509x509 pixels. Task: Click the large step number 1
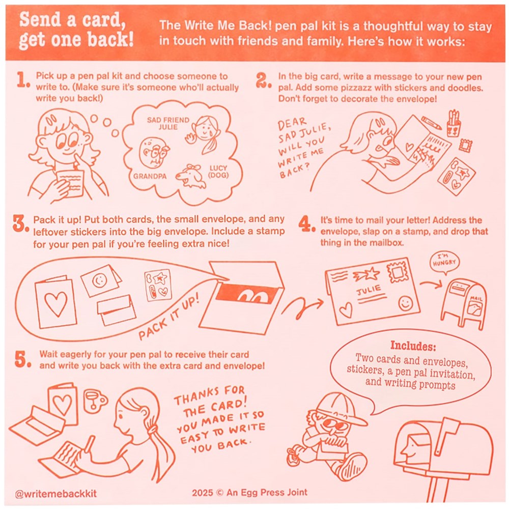pyautogui.click(x=23, y=80)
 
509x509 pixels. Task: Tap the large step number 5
pyautogui.click(x=23, y=359)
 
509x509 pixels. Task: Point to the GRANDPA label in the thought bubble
pyautogui.click(x=150, y=176)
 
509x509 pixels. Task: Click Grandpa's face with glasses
pyautogui.click(x=155, y=152)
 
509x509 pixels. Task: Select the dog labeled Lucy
pyautogui.click(x=191, y=177)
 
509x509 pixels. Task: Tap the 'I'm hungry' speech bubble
pyautogui.click(x=444, y=263)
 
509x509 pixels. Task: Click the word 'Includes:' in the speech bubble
pyautogui.click(x=413, y=346)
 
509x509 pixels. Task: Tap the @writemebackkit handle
pyautogui.click(x=56, y=494)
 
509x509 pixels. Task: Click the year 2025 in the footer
pyautogui.click(x=202, y=492)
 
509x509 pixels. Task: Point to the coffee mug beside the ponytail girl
pyautogui.click(x=95, y=401)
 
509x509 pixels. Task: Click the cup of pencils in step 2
pyautogui.click(x=454, y=124)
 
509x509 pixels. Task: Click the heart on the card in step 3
pyautogui.click(x=56, y=304)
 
